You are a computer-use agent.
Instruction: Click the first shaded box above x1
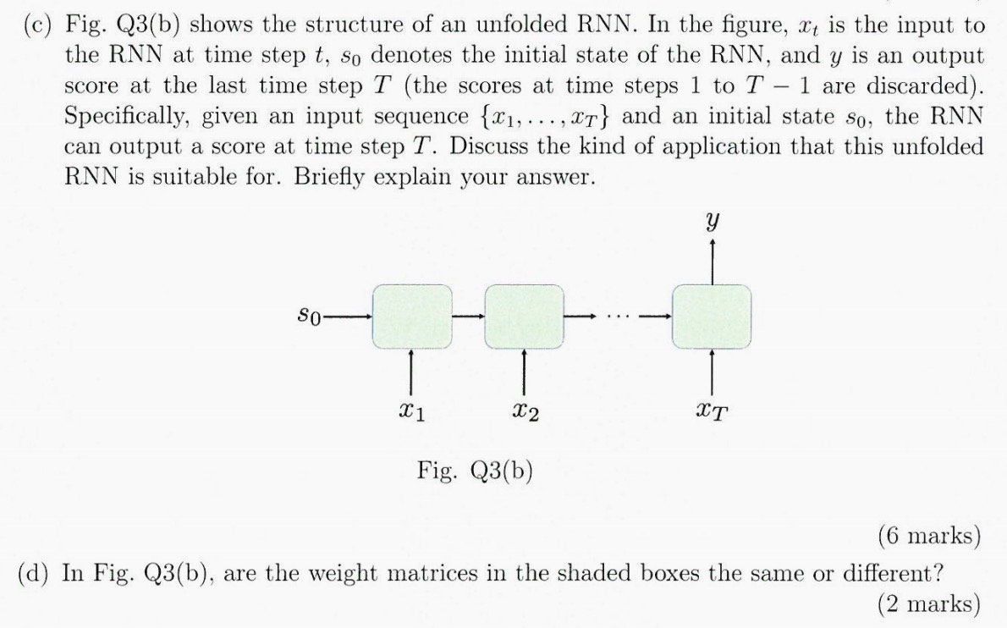(x=410, y=317)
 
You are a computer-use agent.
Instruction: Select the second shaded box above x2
(x=524, y=317)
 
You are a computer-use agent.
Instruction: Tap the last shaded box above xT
(x=711, y=317)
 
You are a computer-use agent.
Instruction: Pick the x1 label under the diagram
(x=411, y=414)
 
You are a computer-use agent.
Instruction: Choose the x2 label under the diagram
(x=526, y=414)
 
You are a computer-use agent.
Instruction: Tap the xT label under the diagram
(x=714, y=414)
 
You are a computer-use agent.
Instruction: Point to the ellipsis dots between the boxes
(x=618, y=317)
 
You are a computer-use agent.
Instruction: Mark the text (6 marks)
(x=928, y=536)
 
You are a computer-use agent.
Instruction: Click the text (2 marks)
(x=928, y=603)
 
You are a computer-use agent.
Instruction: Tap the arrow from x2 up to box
(x=524, y=369)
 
